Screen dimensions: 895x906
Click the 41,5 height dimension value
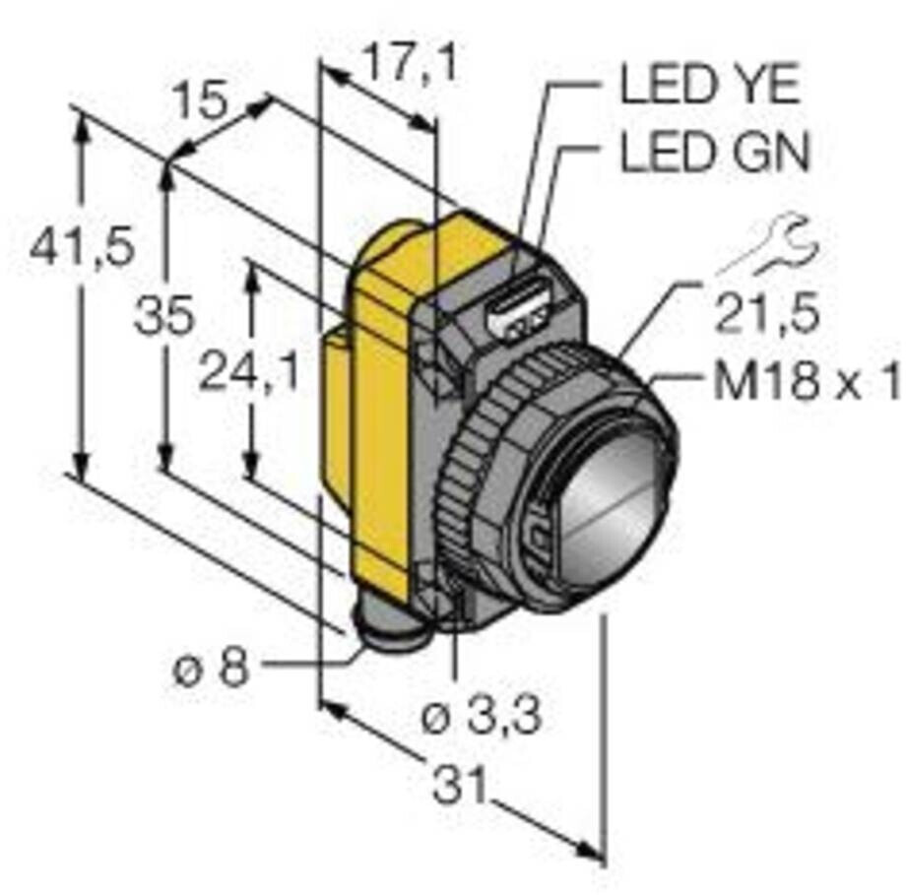pyautogui.click(x=81, y=248)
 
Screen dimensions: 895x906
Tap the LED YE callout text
pyautogui.click(x=709, y=87)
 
